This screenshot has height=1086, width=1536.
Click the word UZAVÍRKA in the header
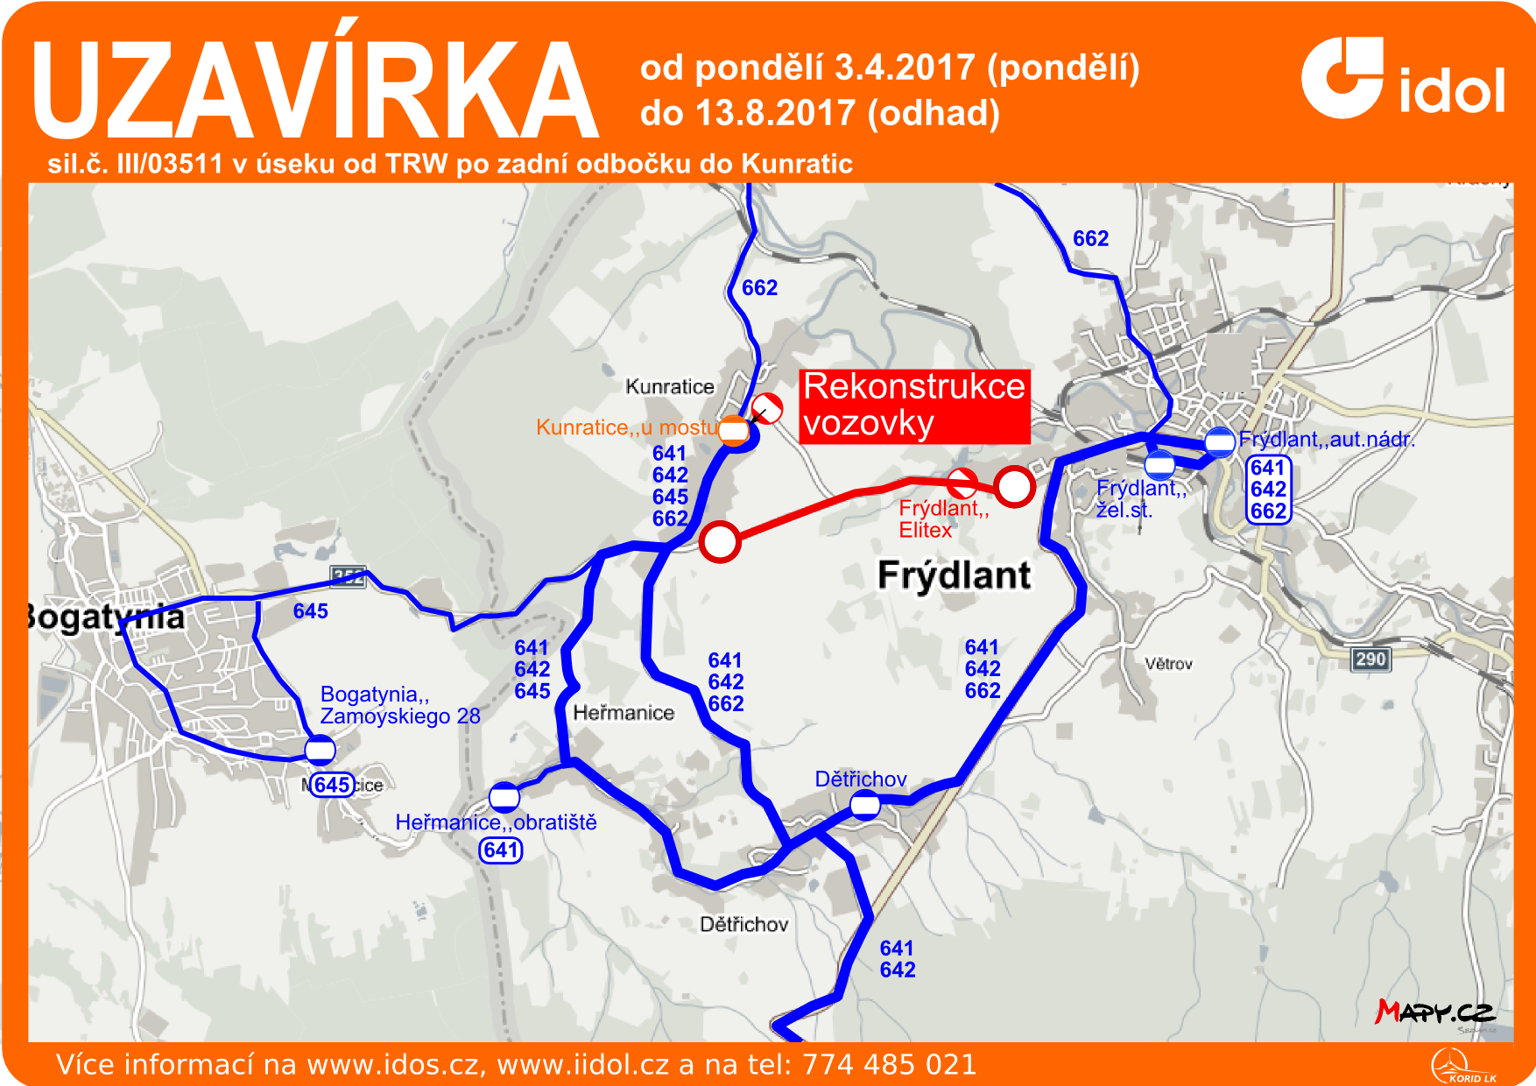click(315, 90)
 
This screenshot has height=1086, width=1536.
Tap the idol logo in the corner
click(1402, 79)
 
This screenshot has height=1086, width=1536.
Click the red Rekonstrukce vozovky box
click(914, 405)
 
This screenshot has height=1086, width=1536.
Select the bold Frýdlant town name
click(954, 575)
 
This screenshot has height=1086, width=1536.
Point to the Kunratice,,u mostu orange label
click(626, 427)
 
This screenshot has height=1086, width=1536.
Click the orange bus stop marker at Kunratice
click(734, 430)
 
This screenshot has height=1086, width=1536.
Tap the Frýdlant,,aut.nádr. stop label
click(1326, 440)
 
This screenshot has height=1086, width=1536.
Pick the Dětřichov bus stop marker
click(865, 804)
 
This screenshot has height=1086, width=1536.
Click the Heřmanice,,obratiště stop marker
click(504, 797)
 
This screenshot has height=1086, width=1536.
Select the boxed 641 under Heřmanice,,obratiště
click(501, 850)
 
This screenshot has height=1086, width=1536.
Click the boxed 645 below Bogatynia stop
click(333, 785)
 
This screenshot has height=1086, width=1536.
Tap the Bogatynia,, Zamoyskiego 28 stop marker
click(320, 751)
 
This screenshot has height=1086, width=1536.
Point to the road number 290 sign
click(1370, 659)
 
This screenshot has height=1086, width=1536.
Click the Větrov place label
click(1168, 664)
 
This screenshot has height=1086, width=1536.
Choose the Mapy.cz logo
click(1434, 1012)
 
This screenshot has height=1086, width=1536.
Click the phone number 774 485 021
click(889, 1064)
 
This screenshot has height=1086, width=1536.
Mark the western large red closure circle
click(720, 542)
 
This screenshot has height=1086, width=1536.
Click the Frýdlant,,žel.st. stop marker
click(1159, 464)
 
